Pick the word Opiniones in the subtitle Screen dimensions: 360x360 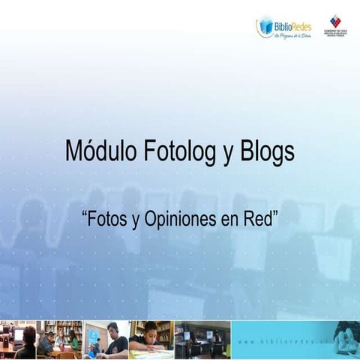click(x=174, y=220)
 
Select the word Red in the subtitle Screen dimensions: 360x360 click(x=260, y=220)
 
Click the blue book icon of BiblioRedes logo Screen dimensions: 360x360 click(x=265, y=27)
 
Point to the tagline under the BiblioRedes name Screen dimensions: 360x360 click(x=291, y=35)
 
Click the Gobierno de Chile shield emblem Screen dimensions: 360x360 click(x=335, y=21)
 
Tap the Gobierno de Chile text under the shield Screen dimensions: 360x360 click(x=335, y=34)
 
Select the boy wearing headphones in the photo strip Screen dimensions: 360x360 click(x=106, y=340)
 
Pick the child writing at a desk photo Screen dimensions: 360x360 click(x=151, y=340)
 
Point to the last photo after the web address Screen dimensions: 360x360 click(x=346, y=340)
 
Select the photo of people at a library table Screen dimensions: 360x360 click(x=60, y=340)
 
